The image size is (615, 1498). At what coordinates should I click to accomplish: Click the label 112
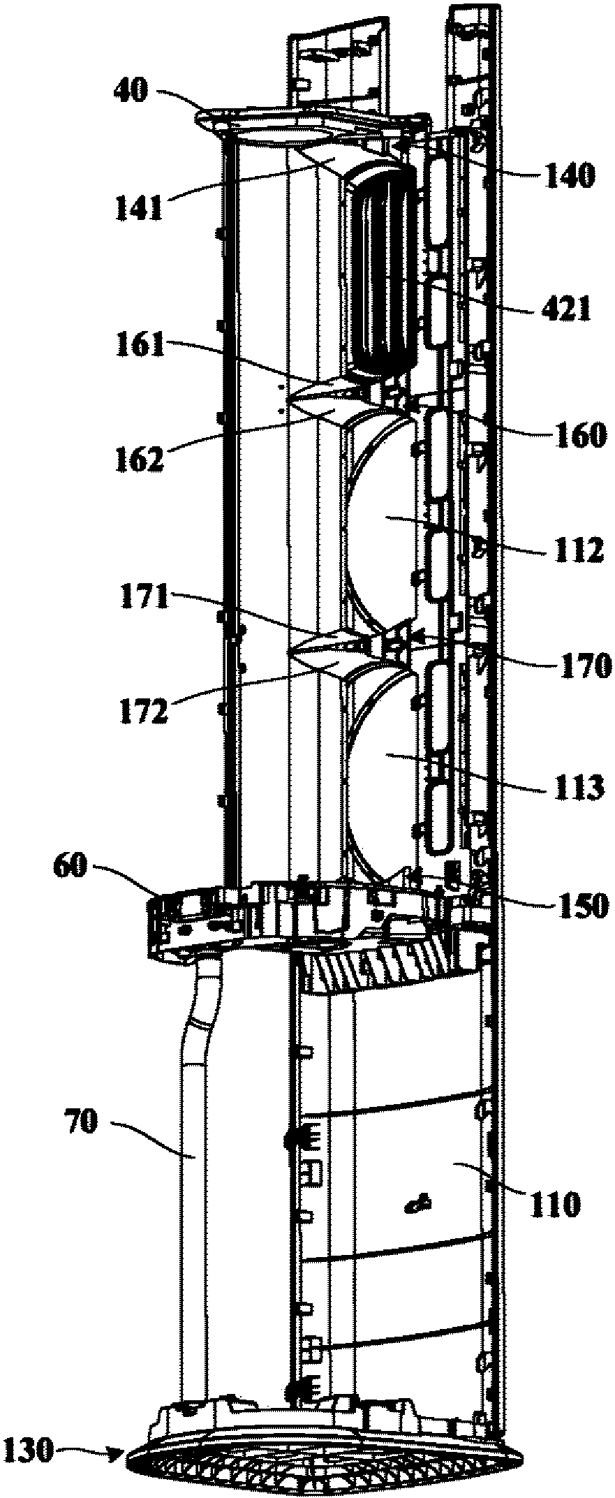pos(577,552)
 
